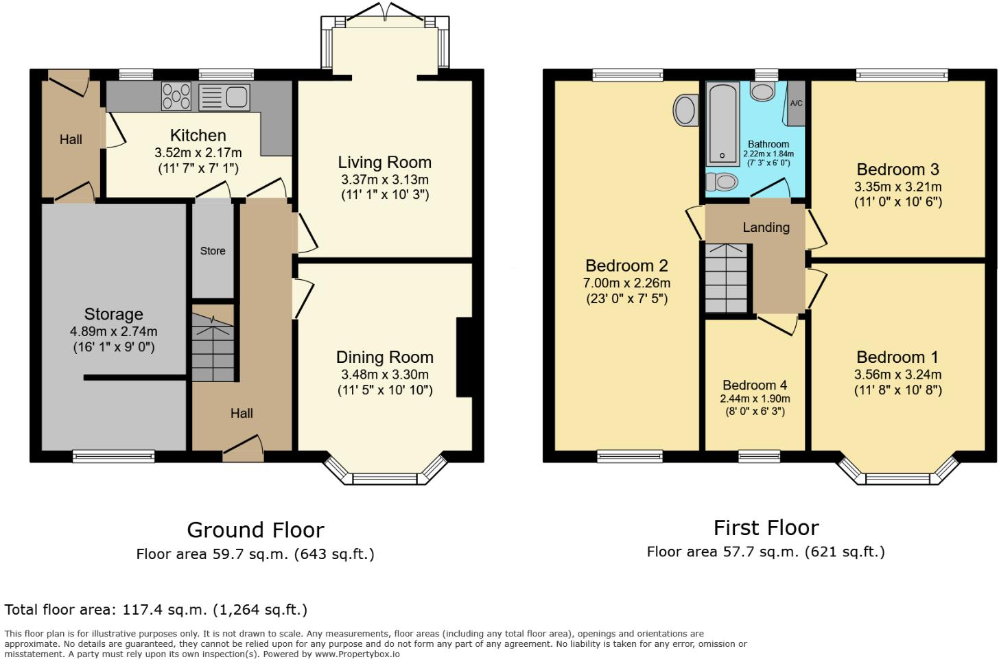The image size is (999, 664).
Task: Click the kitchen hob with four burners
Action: click(176, 96)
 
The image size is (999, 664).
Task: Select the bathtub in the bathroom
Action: click(723, 123)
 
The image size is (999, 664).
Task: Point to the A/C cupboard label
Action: click(796, 104)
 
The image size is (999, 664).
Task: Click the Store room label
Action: click(213, 251)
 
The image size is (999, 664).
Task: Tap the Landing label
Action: click(766, 227)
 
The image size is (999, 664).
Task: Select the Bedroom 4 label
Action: click(755, 385)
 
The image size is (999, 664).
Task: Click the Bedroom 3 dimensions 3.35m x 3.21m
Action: click(897, 187)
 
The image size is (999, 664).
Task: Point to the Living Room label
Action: click(384, 163)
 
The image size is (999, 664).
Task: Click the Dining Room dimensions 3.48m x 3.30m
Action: click(384, 375)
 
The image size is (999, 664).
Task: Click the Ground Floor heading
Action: click(255, 530)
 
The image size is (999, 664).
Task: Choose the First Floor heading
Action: click(766, 527)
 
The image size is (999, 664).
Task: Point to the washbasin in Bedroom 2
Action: click(685, 110)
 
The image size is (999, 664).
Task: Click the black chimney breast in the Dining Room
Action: click(465, 357)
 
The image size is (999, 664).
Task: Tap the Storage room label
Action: click(113, 314)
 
